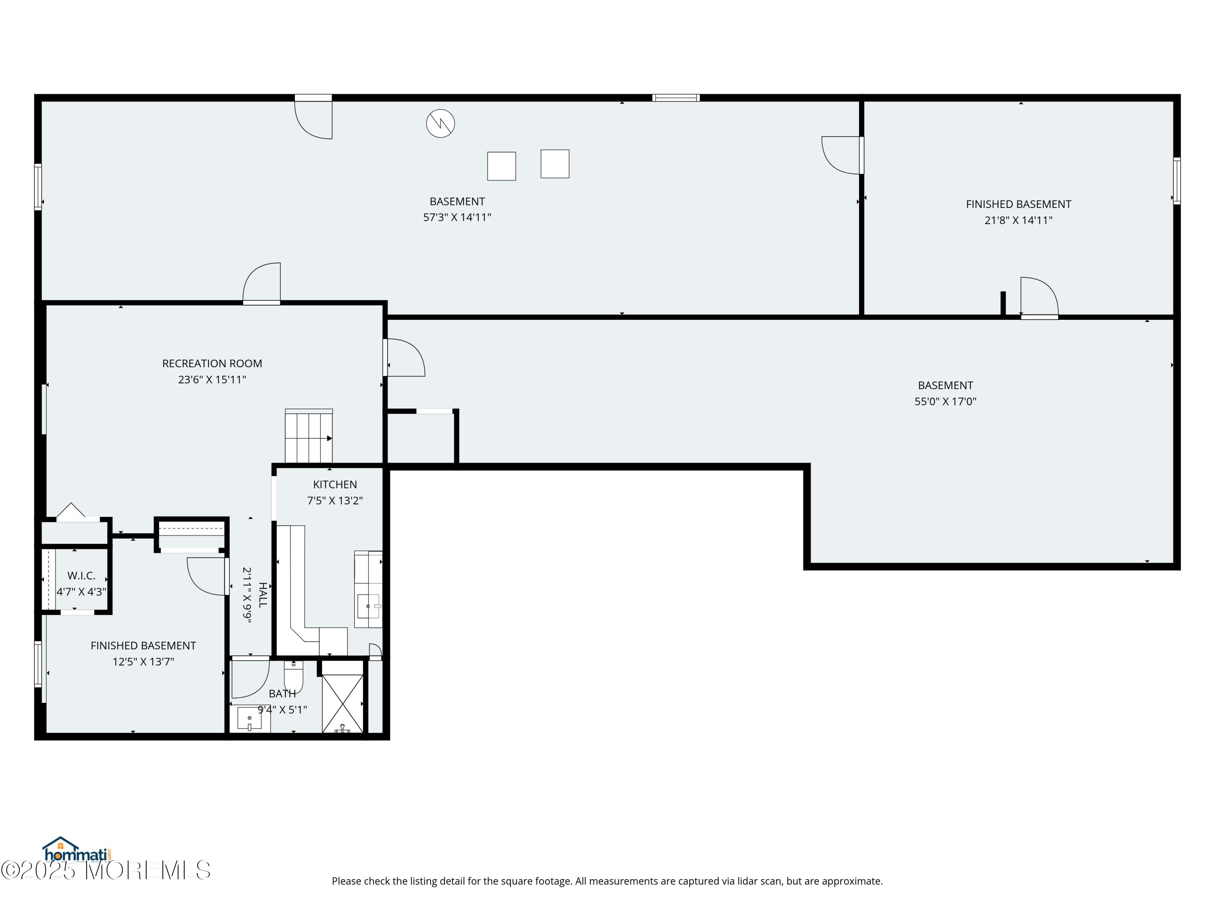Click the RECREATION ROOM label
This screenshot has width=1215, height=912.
click(x=212, y=363)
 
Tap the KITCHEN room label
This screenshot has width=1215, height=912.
click(x=335, y=484)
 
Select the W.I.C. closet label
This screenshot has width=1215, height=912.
click(x=81, y=576)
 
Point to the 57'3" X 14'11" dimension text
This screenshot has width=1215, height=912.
click(x=457, y=217)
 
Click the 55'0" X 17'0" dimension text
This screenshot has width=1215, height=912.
click(x=945, y=401)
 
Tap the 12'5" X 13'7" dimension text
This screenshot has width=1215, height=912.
click(x=143, y=662)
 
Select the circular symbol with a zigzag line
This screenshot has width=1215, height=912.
click(x=441, y=124)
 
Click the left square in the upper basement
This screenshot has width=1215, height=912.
click(x=501, y=166)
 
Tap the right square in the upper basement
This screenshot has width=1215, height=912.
click(x=555, y=164)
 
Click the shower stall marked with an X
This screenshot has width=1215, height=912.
click(x=343, y=704)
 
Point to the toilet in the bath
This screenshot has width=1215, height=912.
click(x=293, y=677)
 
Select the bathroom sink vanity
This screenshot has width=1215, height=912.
click(x=250, y=719)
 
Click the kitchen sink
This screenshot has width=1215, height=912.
click(x=369, y=606)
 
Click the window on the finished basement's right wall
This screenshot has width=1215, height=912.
click(x=1177, y=181)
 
